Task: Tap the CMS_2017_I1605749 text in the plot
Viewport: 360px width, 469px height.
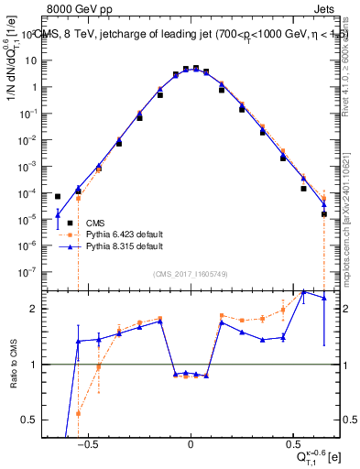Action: [x=190, y=274]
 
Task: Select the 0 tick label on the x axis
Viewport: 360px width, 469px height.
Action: [x=190, y=446]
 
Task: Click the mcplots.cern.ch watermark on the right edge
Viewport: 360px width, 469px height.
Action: [x=353, y=220]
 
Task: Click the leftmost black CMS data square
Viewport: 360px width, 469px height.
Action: [x=58, y=196]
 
